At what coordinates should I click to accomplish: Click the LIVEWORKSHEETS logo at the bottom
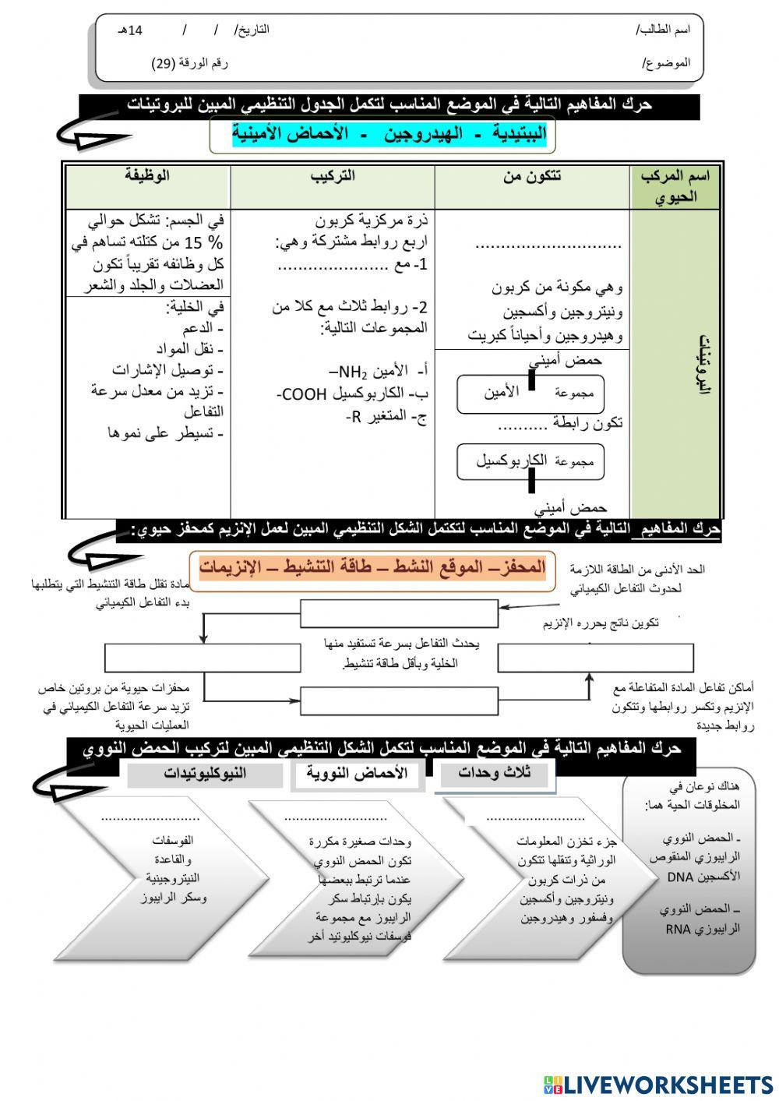point(658,1085)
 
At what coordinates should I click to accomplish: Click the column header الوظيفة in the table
point(147,176)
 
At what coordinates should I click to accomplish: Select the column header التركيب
point(333,176)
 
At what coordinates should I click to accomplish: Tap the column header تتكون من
point(532,176)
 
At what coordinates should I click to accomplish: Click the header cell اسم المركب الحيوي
point(675,186)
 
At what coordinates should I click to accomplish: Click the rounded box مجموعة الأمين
point(530,393)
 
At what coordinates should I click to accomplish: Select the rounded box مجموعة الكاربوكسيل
point(530,461)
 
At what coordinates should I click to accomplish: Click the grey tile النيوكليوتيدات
point(205,774)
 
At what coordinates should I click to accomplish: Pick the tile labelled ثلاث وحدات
point(494,774)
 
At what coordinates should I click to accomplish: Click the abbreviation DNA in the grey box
point(681,877)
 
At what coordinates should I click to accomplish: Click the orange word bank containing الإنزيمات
point(372,567)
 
